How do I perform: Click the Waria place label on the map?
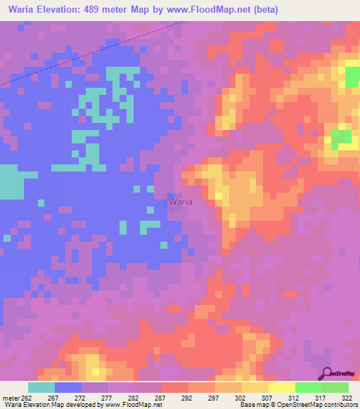180,202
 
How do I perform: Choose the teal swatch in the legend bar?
41,387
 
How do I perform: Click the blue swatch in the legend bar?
68,387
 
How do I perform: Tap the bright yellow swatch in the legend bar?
282,387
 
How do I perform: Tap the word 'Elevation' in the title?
59,10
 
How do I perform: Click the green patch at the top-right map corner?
352,77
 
